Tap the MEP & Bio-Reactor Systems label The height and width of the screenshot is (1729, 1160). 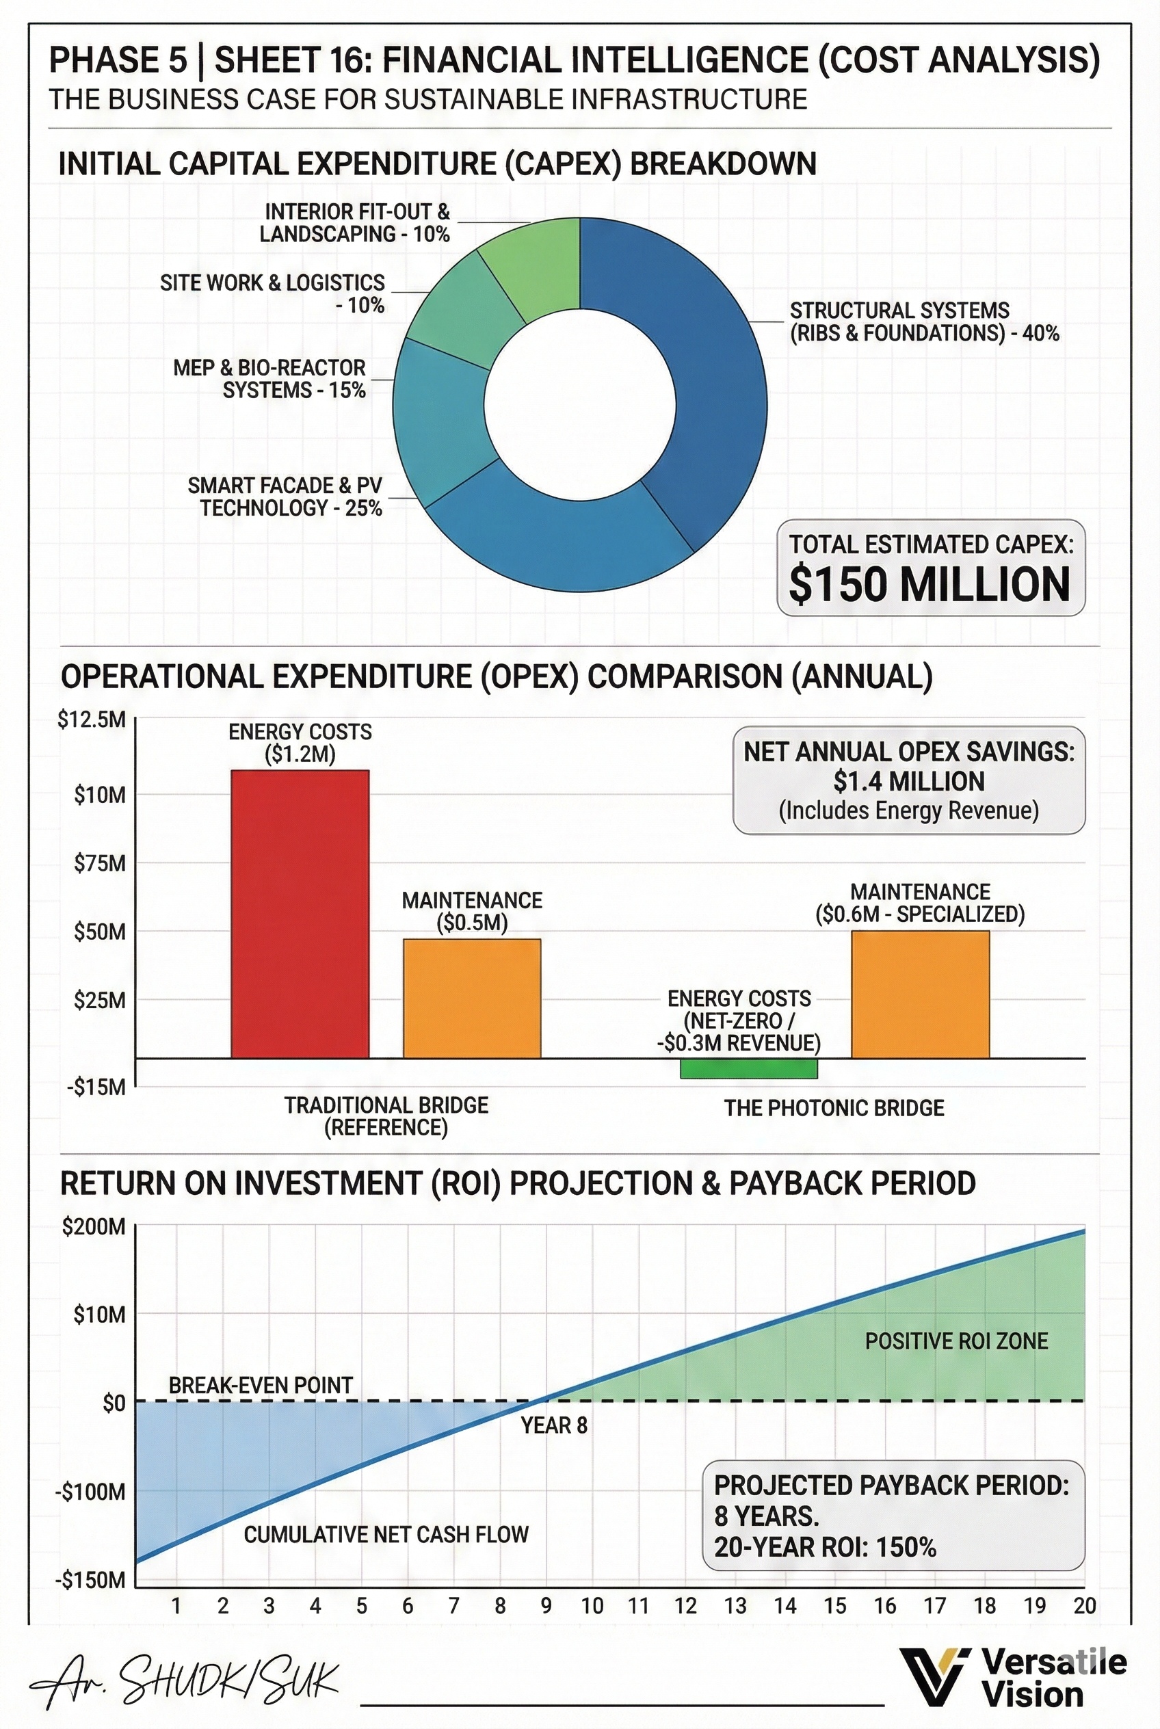tap(270, 379)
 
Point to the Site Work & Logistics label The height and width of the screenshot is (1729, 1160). tap(273, 293)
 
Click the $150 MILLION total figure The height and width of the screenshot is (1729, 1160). tap(930, 585)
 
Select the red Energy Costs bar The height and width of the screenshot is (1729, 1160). tap(300, 914)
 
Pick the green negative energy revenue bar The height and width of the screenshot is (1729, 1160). tap(749, 1068)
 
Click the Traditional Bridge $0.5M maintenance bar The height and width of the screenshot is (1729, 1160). tap(472, 998)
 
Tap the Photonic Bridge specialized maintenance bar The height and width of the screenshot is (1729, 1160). tap(921, 994)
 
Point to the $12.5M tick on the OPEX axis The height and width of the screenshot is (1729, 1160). tap(92, 720)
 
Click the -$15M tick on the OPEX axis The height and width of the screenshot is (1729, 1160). tap(97, 1087)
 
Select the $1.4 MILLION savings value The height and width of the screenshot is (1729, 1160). tap(908, 781)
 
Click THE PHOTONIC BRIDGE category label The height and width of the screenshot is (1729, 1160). tap(834, 1108)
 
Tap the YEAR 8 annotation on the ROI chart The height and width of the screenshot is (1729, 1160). tap(554, 1425)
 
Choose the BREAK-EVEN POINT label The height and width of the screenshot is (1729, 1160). tap(261, 1385)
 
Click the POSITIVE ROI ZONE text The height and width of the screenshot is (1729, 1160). tap(957, 1341)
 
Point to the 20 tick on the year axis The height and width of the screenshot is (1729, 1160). tap(1085, 1605)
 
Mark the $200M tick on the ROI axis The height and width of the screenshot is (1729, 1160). tap(94, 1228)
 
